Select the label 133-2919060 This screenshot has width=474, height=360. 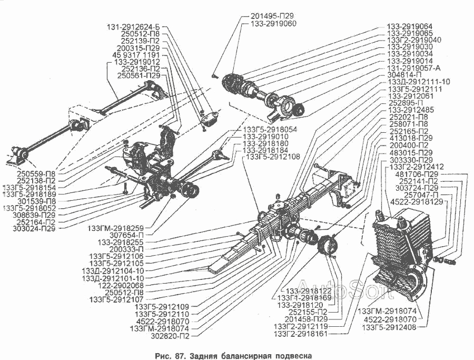click(x=273, y=24)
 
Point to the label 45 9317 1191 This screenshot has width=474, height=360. click(x=136, y=55)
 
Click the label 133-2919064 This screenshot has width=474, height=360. click(x=410, y=26)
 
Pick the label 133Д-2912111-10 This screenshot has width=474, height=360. click(x=418, y=82)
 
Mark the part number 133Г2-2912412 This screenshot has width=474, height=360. click(x=417, y=167)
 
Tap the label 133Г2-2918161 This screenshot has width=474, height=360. click(x=300, y=334)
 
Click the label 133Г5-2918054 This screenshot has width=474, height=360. click(x=269, y=129)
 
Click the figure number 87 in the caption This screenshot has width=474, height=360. click(x=179, y=355)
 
